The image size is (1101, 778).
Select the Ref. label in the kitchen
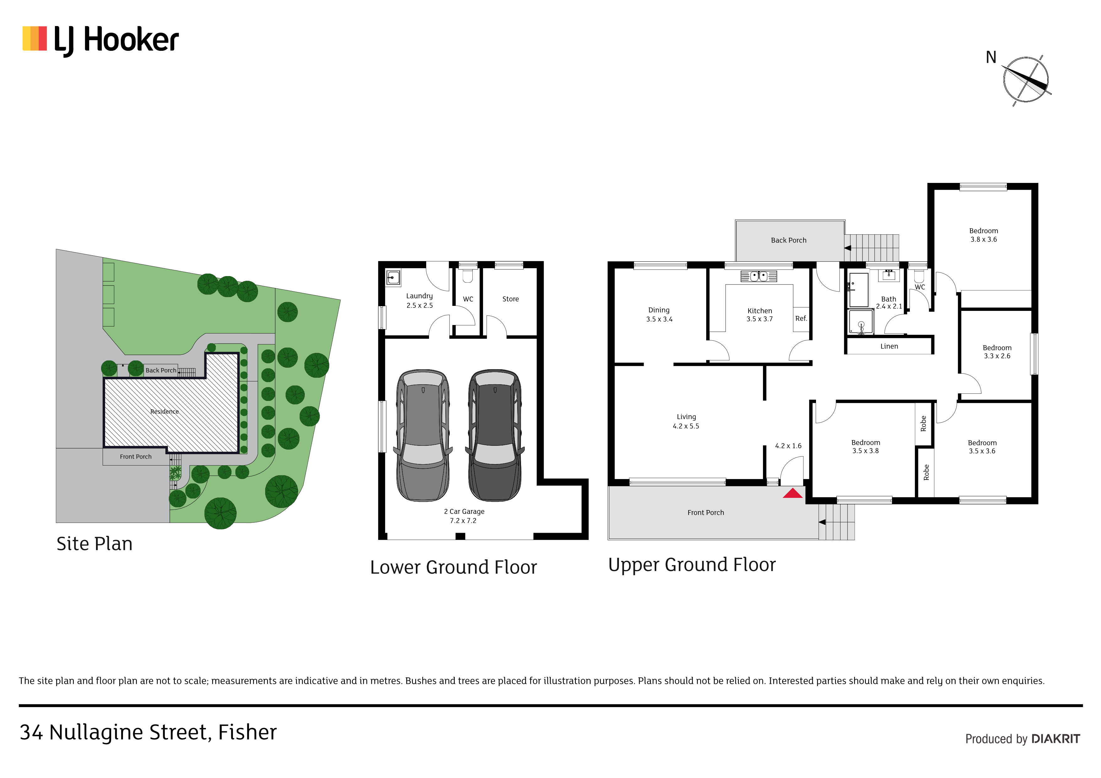(801, 318)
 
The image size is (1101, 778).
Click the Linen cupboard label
(889, 346)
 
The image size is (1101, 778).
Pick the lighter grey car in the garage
(423, 435)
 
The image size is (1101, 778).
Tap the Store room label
(510, 299)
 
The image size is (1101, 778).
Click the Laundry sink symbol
(393, 278)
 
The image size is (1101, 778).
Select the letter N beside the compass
(991, 57)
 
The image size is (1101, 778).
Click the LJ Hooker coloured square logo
(35, 39)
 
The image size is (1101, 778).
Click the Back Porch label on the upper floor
(788, 240)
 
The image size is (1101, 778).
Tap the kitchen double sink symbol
(758, 276)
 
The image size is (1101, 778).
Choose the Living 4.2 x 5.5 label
(686, 421)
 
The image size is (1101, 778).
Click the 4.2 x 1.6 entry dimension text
(788, 446)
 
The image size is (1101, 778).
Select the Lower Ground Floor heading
(453, 567)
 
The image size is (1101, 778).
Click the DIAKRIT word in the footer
(1055, 739)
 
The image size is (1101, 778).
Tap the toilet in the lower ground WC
(468, 276)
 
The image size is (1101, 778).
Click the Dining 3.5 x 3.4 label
(659, 314)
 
